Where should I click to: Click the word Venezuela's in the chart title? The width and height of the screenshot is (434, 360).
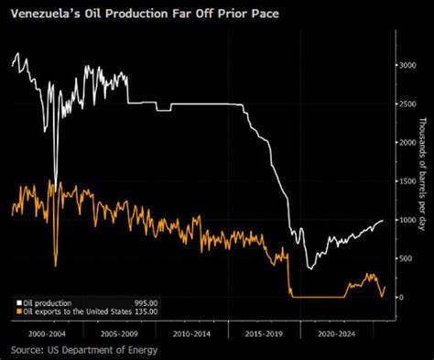pyautogui.click(x=47, y=14)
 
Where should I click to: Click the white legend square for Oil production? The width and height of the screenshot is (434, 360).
pyautogui.click(x=16, y=302)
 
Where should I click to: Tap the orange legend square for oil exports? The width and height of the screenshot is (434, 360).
pyautogui.click(x=16, y=311)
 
